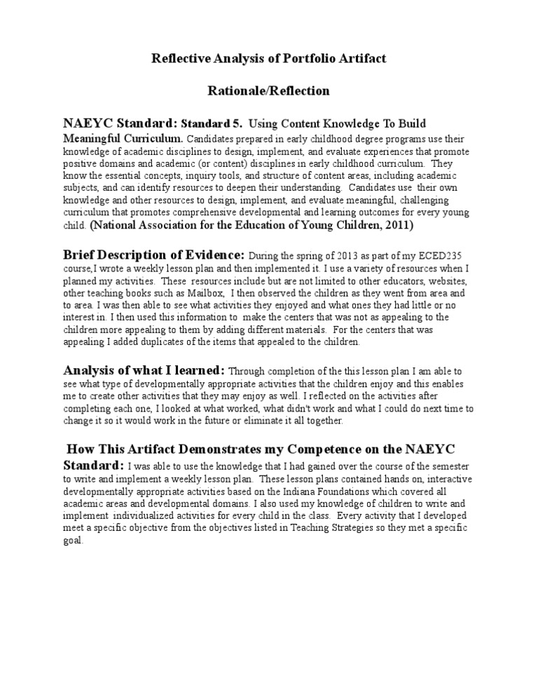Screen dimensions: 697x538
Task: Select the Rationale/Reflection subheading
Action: [269, 91]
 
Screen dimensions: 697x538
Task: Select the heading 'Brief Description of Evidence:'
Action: [154, 255]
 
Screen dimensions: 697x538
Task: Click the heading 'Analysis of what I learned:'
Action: [144, 370]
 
